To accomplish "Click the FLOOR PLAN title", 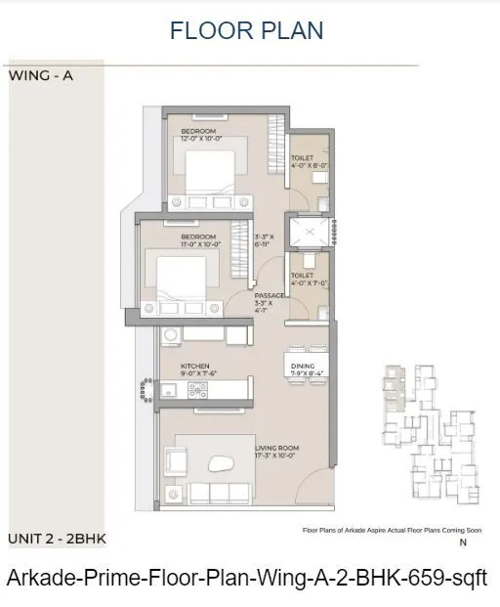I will click(246, 30).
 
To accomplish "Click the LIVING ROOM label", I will click(277, 448).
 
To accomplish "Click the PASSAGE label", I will click(269, 296).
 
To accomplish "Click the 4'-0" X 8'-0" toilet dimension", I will click(312, 165).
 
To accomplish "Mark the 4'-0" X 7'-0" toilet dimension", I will click(312, 284).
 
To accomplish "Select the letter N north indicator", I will click(464, 542).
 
